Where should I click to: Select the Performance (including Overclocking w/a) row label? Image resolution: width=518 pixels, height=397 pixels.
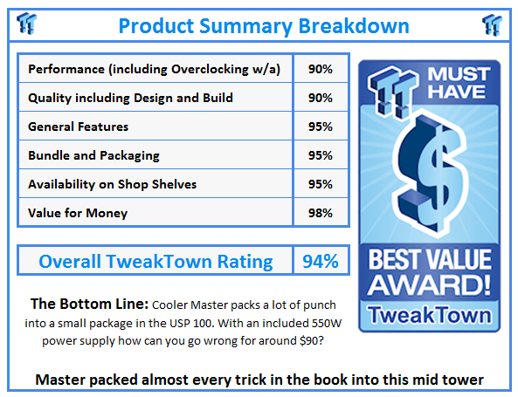154,69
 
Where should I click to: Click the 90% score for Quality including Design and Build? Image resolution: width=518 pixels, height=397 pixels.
321,98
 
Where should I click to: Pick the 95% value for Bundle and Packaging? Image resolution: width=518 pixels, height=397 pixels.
321,155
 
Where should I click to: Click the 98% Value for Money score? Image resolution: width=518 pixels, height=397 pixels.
321,213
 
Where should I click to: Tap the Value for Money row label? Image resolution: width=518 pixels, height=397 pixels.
78,213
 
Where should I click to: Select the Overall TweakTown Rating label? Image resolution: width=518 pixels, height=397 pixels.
156,261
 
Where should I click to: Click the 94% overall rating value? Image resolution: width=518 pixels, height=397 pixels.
320,261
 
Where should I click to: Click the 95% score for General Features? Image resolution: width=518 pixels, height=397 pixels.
321,127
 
